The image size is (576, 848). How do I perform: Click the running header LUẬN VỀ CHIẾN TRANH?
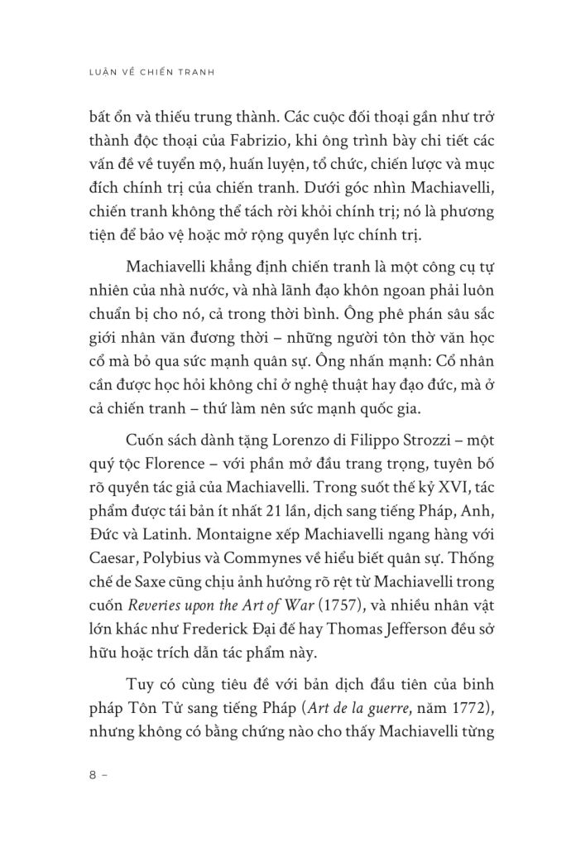[151, 72]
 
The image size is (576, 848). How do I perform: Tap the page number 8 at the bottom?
[92, 778]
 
